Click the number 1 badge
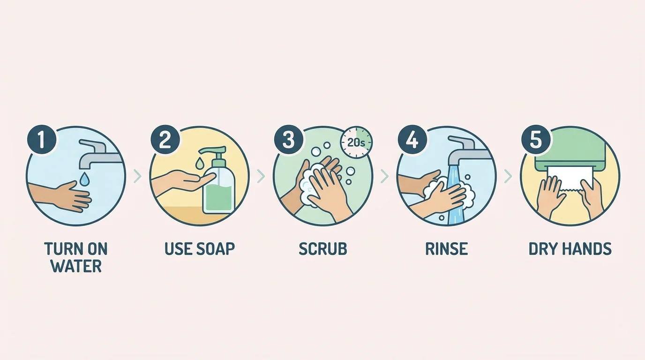[x=42, y=140]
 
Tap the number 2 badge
[x=165, y=140]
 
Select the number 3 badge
[x=288, y=140]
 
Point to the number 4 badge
[x=412, y=140]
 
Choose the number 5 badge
[x=536, y=140]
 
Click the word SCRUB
[x=322, y=249]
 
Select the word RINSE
[x=446, y=249]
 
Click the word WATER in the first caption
[x=76, y=266]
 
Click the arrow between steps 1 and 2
[x=137, y=176]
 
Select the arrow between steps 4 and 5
[x=508, y=176]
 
